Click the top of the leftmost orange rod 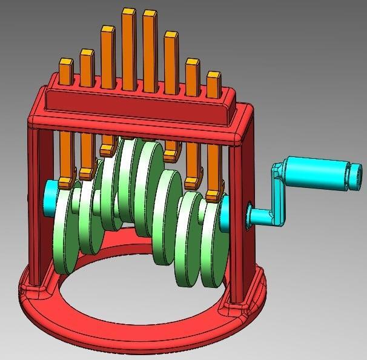(65, 62)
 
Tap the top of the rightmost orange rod (214, 76)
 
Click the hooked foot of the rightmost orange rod (213, 195)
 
